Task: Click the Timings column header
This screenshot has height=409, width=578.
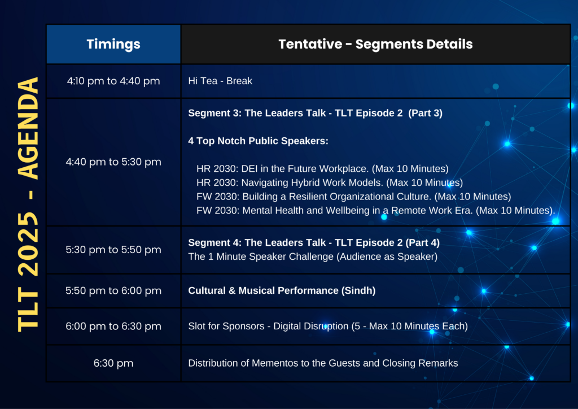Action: click(113, 44)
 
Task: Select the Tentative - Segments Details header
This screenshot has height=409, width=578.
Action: click(375, 44)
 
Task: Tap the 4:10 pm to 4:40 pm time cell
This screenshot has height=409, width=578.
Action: click(113, 81)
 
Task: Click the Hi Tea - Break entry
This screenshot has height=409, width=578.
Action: click(220, 81)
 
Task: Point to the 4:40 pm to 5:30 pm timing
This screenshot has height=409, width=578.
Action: click(113, 162)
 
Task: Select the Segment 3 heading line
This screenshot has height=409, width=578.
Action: click(315, 113)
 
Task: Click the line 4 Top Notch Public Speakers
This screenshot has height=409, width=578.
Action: click(258, 141)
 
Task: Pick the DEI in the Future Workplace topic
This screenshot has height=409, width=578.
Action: click(322, 168)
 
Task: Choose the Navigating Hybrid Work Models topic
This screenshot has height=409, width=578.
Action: click(330, 182)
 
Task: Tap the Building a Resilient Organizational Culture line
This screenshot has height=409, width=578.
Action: click(354, 197)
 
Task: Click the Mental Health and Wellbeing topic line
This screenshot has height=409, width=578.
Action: click(375, 211)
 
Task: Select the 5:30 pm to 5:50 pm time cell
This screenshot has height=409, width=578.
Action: click(113, 250)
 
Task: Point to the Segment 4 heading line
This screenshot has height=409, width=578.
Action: click(314, 243)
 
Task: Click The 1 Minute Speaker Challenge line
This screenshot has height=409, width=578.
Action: click(313, 256)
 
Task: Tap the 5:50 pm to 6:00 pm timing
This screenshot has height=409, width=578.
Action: click(113, 290)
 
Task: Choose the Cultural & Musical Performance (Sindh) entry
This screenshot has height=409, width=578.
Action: click(282, 290)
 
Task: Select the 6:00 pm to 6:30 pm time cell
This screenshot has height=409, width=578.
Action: click(113, 327)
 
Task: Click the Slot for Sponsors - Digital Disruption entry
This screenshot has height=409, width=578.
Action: click(328, 327)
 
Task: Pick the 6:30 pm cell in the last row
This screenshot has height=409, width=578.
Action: click(113, 363)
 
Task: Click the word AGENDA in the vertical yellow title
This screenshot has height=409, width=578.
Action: click(28, 128)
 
